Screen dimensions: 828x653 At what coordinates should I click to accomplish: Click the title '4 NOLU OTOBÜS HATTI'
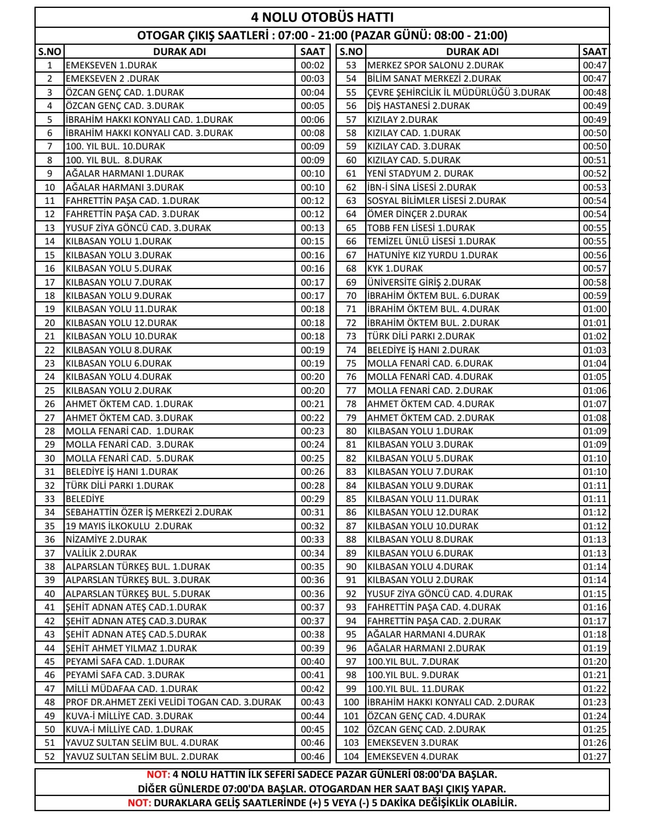(322, 18)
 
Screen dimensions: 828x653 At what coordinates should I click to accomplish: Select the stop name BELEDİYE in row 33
(85, 499)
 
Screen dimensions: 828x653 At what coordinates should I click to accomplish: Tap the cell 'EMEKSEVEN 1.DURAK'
(111, 65)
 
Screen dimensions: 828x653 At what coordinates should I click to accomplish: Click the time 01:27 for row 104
(594, 757)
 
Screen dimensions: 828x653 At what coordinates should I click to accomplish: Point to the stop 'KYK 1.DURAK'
(395, 269)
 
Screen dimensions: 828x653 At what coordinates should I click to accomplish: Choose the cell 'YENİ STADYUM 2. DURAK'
(420, 174)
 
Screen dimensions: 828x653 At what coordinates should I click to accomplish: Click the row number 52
(50, 757)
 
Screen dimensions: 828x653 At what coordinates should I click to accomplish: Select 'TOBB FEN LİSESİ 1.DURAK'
(421, 228)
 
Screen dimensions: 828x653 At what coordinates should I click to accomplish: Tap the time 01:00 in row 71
(594, 309)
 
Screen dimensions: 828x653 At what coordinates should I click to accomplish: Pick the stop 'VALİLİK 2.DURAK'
(101, 553)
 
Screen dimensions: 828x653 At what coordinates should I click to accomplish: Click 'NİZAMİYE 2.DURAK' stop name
(106, 540)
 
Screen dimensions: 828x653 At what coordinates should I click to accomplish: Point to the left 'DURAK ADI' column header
(179, 52)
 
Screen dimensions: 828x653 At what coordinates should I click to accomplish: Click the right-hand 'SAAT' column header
(594, 52)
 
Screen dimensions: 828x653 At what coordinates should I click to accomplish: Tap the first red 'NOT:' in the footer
(158, 775)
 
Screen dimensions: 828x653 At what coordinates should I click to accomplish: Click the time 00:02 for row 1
(313, 65)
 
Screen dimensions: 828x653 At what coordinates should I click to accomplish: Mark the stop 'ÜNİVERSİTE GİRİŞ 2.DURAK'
(424, 282)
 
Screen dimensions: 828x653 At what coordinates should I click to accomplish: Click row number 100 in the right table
(351, 702)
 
